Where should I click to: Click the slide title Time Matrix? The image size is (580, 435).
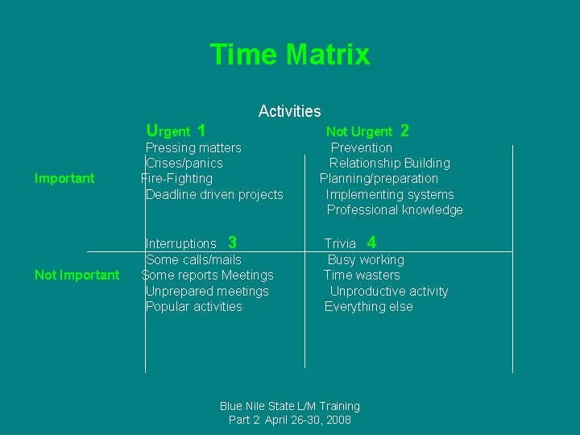click(290, 55)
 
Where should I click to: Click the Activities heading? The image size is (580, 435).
click(289, 111)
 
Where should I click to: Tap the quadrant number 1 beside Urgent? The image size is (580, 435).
click(201, 130)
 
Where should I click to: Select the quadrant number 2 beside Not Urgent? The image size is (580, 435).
click(404, 130)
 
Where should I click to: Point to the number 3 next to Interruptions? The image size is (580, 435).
click(232, 242)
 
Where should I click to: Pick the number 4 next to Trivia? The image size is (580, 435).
click(371, 242)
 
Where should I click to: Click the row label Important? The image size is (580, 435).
click(64, 178)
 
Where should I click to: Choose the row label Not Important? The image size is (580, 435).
click(77, 275)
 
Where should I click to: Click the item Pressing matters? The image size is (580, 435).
click(193, 147)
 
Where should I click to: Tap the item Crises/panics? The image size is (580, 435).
click(184, 163)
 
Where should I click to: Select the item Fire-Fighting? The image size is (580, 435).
click(177, 178)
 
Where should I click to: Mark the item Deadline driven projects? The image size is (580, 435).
click(214, 194)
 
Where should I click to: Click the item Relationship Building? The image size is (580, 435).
click(390, 163)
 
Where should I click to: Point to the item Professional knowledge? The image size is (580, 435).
click(395, 209)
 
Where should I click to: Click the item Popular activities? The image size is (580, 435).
click(193, 306)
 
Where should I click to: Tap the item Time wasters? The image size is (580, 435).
click(362, 275)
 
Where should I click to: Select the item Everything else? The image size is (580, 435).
click(368, 306)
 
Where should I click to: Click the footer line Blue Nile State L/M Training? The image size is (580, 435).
click(290, 406)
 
